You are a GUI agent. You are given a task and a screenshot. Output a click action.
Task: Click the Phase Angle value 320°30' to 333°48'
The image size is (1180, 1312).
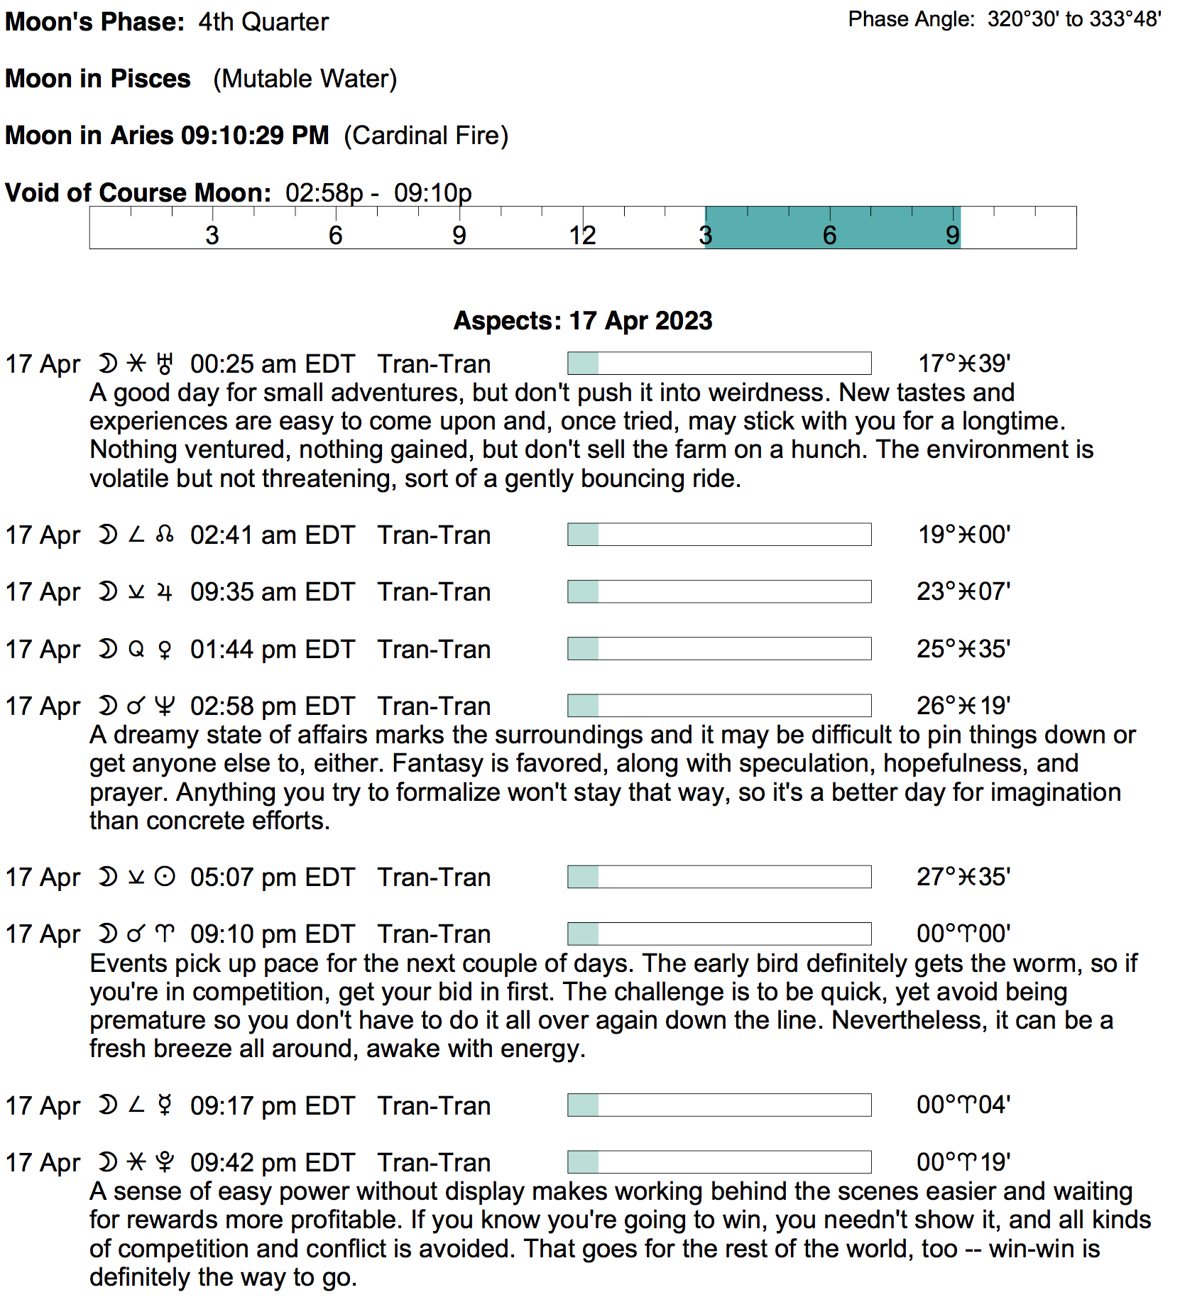coord(1074,19)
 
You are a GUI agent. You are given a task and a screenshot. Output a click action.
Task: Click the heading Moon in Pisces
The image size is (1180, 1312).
coord(98,79)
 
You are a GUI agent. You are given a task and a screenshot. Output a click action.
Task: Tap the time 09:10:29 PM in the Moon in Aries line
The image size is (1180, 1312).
coord(255,136)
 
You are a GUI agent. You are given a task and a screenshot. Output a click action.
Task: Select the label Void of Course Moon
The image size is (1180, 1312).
coord(138,193)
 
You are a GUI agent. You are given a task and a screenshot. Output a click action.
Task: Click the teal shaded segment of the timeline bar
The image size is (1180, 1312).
coord(832,228)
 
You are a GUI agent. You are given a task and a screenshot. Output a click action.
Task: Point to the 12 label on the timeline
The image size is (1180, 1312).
coord(582,236)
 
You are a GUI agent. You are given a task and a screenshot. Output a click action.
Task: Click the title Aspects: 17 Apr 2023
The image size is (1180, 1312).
coord(582,321)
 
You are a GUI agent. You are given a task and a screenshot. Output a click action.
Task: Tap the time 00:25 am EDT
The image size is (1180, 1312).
coord(272,364)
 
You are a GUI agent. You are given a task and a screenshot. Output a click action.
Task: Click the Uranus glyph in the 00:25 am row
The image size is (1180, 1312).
coord(165,364)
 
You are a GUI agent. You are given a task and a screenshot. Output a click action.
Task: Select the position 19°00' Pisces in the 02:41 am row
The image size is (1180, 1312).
coord(963,535)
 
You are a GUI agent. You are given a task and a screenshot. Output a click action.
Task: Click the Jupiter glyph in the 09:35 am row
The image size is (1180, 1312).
coord(165,592)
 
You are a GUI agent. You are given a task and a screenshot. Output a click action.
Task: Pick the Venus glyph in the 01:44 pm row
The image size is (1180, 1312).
coord(165,650)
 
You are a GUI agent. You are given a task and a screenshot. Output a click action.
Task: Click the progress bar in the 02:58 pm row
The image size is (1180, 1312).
coord(719,706)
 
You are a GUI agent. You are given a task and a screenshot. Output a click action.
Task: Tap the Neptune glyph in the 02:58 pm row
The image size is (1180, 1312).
coord(165,706)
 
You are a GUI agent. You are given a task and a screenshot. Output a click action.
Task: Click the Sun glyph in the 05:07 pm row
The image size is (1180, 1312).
coord(165,878)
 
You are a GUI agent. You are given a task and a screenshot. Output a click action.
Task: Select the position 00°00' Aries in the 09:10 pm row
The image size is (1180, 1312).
coord(963,934)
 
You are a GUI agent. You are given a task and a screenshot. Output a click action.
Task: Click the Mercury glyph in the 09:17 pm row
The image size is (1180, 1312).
coord(165,1106)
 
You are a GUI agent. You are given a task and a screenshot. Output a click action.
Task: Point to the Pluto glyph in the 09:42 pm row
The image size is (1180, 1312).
coord(165,1163)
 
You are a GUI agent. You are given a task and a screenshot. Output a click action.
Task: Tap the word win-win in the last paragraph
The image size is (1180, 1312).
coord(1030,1249)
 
